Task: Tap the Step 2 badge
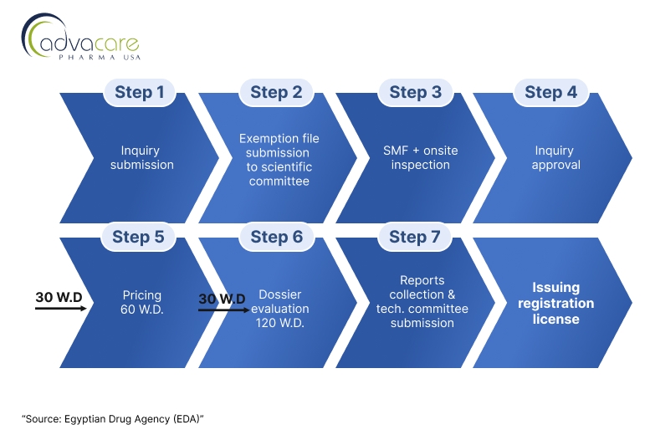pos(276,92)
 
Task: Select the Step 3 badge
pos(415,92)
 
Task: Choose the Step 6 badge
pos(276,237)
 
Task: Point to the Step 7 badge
pos(415,237)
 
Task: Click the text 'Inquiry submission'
pos(142,158)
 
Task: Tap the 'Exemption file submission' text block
pos(279,159)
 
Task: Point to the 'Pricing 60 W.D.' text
pos(141,302)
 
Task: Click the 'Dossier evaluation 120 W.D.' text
pos(280,309)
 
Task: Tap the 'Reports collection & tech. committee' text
pos(422,302)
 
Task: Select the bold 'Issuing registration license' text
pos(555,303)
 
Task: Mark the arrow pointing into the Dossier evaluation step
pos(222,309)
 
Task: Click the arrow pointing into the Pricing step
pos(61,308)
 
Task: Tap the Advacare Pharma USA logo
pos(80,38)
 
